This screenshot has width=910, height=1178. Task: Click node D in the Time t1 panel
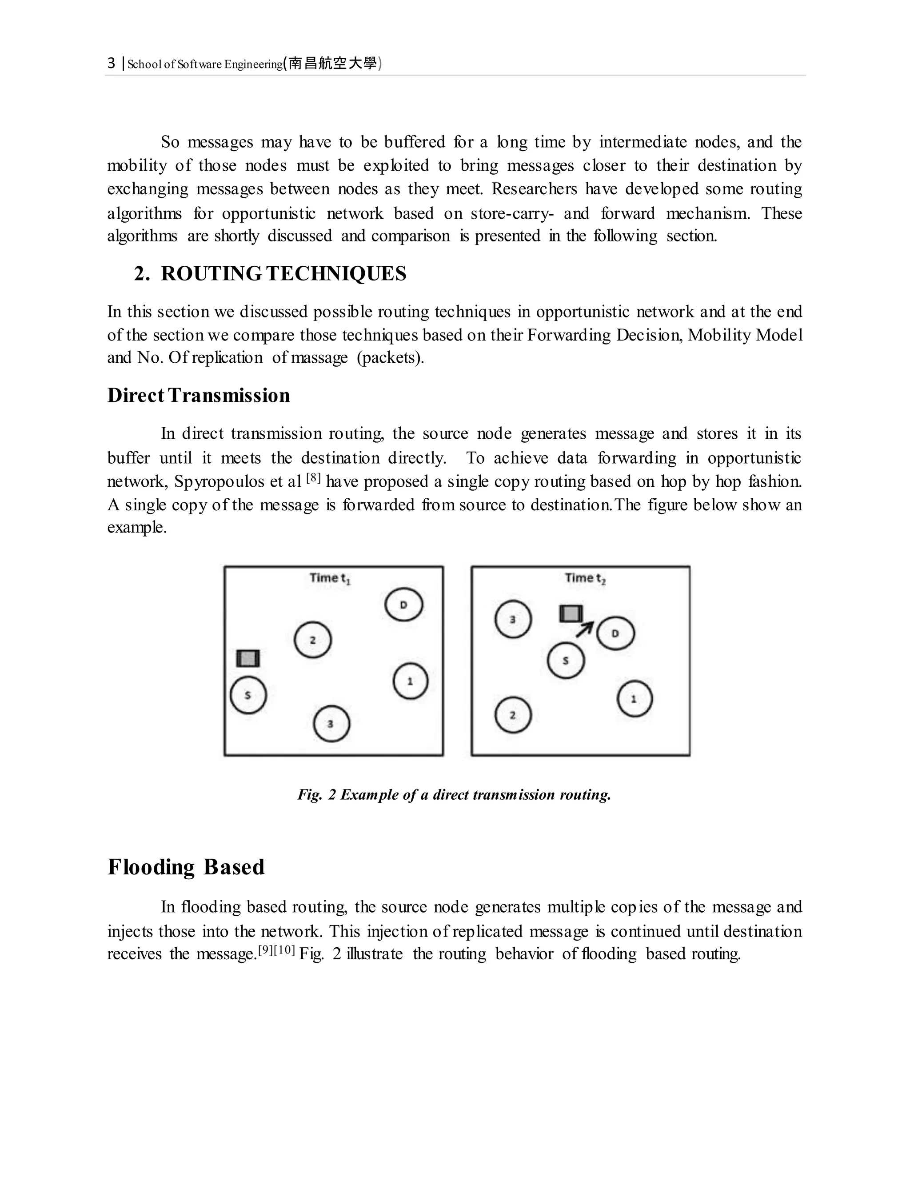tap(404, 605)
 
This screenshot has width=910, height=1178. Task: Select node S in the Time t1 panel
tap(248, 695)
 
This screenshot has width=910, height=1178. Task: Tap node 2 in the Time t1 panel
tap(313, 640)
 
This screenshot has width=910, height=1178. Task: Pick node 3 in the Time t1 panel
tap(331, 723)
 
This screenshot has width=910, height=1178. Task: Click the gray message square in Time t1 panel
tap(248, 658)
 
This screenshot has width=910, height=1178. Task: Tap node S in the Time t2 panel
tap(566, 660)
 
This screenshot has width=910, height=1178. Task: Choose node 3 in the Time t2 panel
tap(513, 619)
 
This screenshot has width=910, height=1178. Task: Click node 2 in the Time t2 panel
tap(513, 715)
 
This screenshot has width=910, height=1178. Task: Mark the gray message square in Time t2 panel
tap(571, 614)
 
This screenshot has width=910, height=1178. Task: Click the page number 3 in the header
tap(111, 64)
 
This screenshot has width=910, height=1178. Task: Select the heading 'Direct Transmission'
tap(198, 395)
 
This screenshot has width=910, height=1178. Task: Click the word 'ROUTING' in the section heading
tap(211, 273)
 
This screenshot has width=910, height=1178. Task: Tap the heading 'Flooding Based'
tap(186, 867)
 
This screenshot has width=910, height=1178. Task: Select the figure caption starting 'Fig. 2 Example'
tap(454, 794)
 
